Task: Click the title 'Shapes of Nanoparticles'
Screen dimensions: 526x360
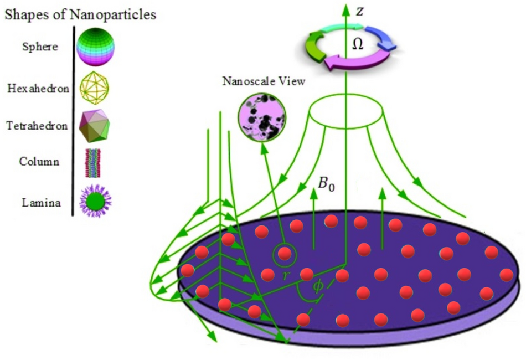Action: pyautogui.click(x=80, y=14)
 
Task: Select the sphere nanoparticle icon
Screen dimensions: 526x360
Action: pyautogui.click(x=95, y=47)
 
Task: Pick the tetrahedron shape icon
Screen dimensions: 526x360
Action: pyautogui.click(x=95, y=126)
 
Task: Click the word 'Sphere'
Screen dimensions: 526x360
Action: pyautogui.click(x=40, y=47)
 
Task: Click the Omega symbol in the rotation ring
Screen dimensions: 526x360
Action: pyautogui.click(x=358, y=45)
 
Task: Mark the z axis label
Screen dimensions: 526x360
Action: pyautogui.click(x=360, y=12)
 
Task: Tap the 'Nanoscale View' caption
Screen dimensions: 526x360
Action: pyautogui.click(x=264, y=82)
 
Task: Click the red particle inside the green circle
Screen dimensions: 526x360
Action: pyautogui.click(x=285, y=254)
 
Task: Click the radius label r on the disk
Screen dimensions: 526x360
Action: pyautogui.click(x=286, y=275)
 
